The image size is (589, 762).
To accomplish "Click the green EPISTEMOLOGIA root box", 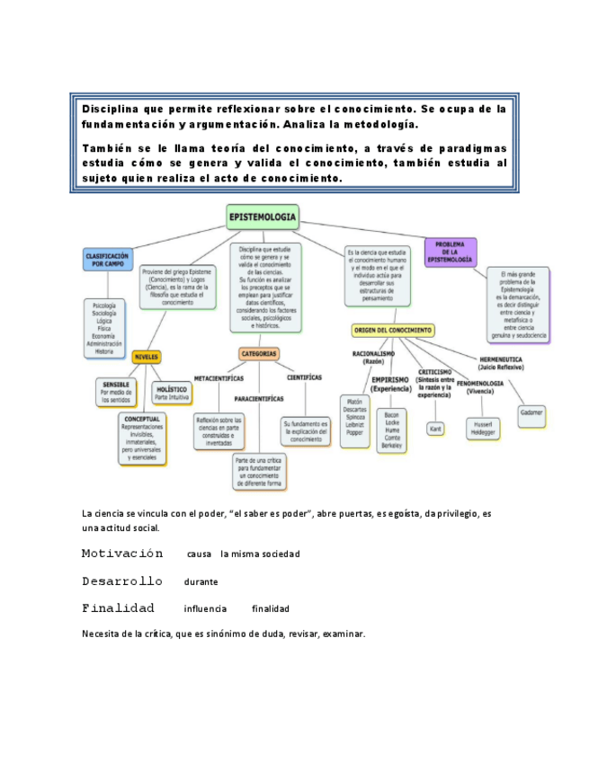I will point(262,217).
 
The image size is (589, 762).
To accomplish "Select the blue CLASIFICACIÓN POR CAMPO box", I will point(107,261).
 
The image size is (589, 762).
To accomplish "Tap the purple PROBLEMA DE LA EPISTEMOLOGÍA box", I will point(450,252).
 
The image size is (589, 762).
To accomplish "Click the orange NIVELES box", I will point(146,357).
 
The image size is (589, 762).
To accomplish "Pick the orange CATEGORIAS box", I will point(259,353).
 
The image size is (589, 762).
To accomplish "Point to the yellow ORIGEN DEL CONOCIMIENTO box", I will point(393,330).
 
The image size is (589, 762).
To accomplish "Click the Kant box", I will point(435,429).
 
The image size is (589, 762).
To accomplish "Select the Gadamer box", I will point(531,412).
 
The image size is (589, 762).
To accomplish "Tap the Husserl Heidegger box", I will point(482,428).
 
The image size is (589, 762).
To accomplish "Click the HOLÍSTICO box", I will point(172,393).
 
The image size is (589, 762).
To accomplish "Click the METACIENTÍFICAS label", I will point(219,377).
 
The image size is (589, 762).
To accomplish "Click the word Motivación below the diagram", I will point(122,554).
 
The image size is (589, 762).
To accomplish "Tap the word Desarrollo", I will point(122,581).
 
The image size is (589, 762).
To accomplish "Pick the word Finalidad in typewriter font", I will point(118,608).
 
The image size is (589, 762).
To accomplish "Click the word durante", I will point(201,582).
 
